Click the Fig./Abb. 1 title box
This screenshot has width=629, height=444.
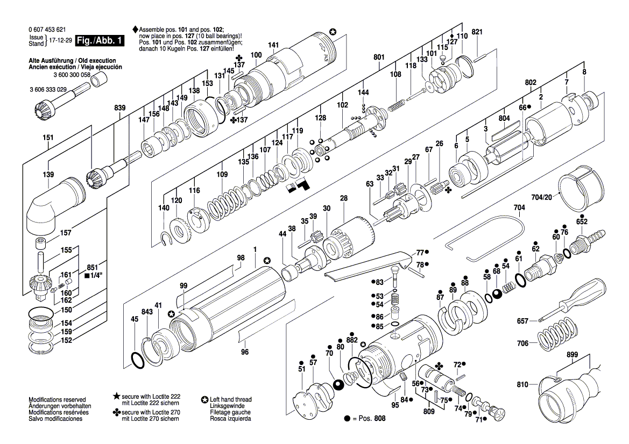[x=100, y=40]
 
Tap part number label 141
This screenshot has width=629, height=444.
[x=273, y=45]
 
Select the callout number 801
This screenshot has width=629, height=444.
[x=379, y=58]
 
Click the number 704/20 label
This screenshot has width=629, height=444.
[x=541, y=197]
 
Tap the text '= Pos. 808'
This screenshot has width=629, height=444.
[x=369, y=418]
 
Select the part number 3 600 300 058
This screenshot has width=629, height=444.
[x=72, y=75]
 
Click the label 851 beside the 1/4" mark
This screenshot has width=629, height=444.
[x=93, y=268]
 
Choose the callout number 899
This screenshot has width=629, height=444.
[x=572, y=355]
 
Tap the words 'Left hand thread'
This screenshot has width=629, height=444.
[x=231, y=399]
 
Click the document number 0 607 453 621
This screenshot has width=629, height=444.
[x=47, y=30]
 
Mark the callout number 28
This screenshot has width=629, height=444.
[x=343, y=198]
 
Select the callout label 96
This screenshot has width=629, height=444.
[x=245, y=352]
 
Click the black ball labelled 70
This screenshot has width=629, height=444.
[x=338, y=385]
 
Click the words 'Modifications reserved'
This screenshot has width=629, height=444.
[x=57, y=399]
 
